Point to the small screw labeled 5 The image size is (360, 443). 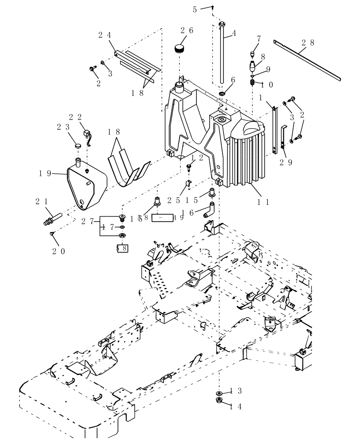point(213,7)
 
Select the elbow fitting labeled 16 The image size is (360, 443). point(208,209)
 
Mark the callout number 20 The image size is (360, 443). point(58,251)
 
